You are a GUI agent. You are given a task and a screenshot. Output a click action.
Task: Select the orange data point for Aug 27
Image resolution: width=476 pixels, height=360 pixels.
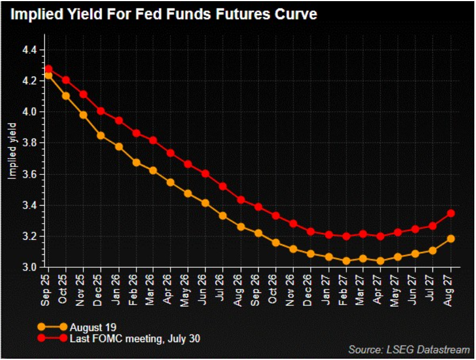point(451,239)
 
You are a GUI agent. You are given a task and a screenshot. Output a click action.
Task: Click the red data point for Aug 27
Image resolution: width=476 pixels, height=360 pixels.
point(451,213)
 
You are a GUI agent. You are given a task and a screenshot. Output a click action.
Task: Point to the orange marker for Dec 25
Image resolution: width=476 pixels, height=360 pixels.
point(101,135)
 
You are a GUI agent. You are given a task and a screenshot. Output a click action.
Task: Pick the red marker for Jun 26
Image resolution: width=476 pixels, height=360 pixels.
point(206,173)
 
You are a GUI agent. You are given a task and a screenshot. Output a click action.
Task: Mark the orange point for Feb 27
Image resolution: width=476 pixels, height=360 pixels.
point(346,260)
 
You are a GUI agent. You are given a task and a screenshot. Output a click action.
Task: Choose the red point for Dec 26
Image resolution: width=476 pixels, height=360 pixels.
point(311,231)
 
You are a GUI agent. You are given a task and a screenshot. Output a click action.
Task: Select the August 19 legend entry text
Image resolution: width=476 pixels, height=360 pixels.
point(90,326)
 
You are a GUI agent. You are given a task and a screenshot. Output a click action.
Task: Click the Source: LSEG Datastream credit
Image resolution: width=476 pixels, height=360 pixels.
point(409,350)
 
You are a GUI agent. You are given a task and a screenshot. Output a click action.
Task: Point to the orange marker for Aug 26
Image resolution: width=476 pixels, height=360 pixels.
point(241,226)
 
